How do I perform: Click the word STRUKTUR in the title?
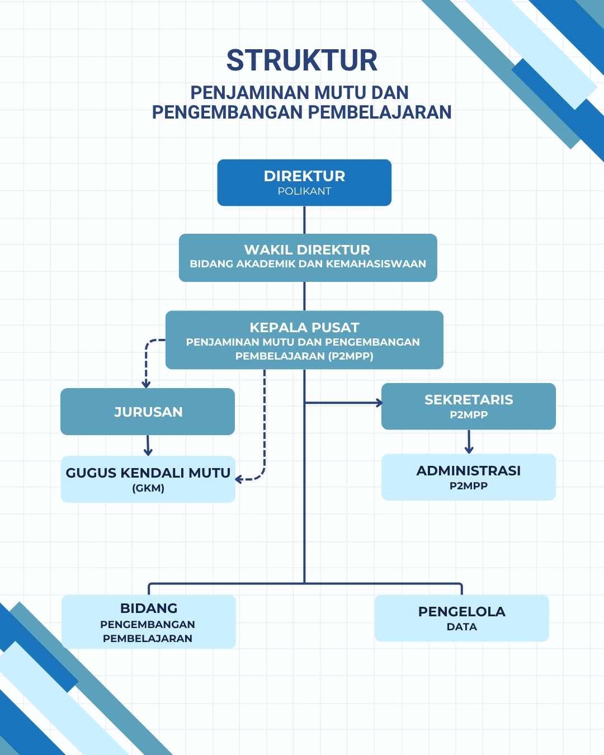(302, 60)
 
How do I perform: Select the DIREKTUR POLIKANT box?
(304, 182)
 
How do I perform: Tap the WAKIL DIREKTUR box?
(308, 258)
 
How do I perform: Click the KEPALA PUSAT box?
(304, 340)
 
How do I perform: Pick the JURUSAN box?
(148, 412)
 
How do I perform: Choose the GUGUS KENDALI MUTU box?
(148, 479)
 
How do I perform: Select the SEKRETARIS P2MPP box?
(469, 406)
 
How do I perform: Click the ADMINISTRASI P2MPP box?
(469, 477)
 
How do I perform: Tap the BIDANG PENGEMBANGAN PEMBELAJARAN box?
(148, 622)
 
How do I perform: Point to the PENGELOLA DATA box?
(461, 618)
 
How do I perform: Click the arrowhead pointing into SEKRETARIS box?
(379, 403)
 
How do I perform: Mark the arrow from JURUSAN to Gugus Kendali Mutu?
(148, 446)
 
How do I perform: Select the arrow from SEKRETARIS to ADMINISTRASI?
(469, 442)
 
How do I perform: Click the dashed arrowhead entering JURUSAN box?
(146, 384)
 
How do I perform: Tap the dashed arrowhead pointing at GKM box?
(239, 479)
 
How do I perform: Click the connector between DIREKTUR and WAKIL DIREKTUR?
(304, 220)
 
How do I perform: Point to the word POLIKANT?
(304, 191)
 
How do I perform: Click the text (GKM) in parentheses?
(148, 488)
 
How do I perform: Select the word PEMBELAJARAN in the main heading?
(380, 112)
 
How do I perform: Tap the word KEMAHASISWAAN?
(376, 264)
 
